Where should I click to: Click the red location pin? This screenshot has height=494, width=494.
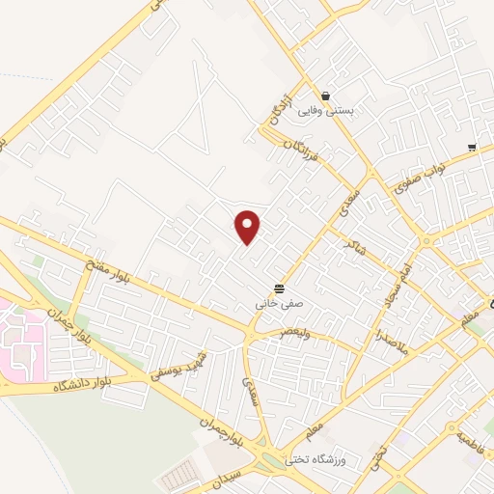(248, 226)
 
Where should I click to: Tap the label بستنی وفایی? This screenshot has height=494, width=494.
(327, 112)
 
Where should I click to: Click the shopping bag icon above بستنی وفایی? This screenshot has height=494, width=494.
(327, 96)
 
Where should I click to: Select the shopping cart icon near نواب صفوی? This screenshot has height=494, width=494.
(471, 148)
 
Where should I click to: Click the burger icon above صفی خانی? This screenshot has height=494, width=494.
(279, 288)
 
